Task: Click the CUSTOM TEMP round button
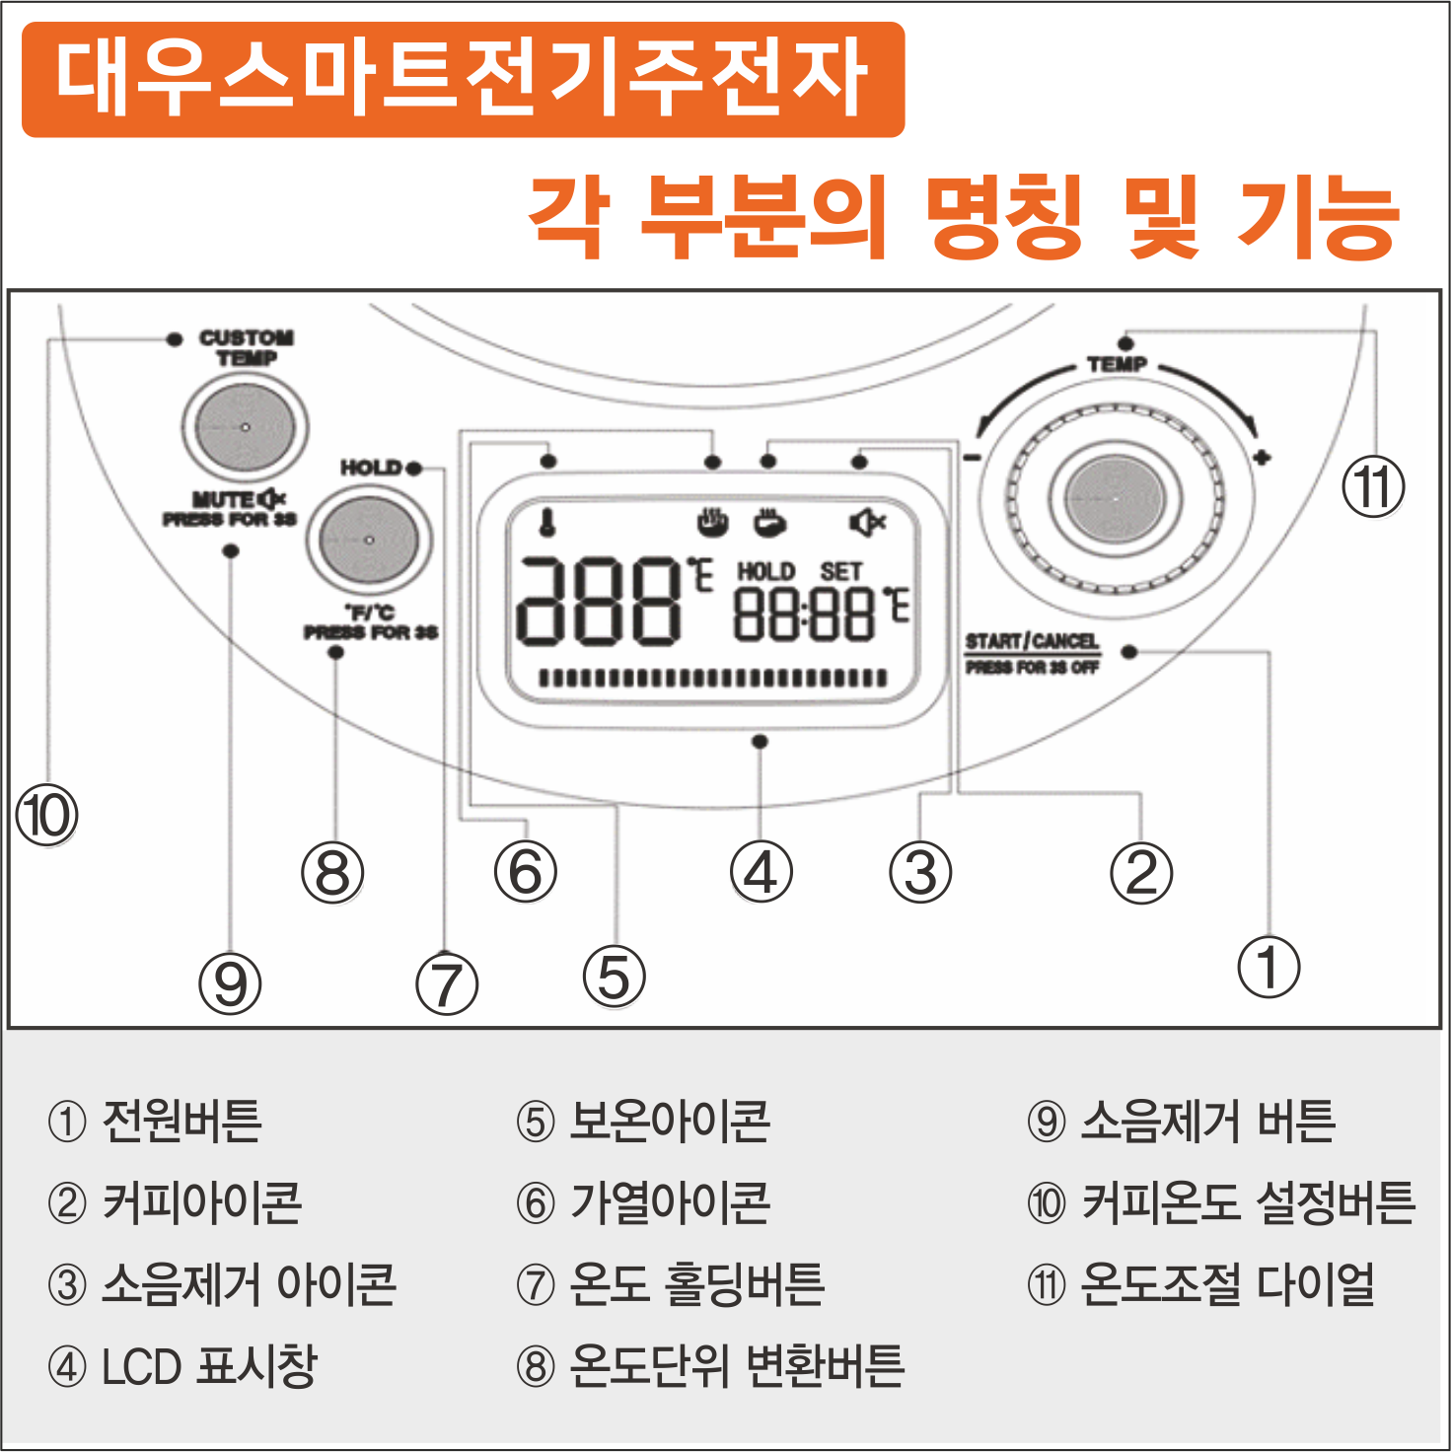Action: pos(245,428)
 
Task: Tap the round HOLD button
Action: pos(369,541)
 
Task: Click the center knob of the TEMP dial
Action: pos(1116,499)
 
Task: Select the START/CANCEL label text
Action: pos(1031,642)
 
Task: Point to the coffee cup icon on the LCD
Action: pos(770,521)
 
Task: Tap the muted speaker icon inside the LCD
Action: pos(867,522)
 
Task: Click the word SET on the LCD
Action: pos(840,572)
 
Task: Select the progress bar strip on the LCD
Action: pos(712,678)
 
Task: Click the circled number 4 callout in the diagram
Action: pos(761,872)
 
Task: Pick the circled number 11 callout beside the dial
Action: pos(1373,487)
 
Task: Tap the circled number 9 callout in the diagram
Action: pos(230,983)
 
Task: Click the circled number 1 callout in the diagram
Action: pos(1270,967)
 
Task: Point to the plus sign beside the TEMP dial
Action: pos(1262,457)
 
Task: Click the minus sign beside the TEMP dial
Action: pos(972,457)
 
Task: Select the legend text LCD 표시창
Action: pos(208,1367)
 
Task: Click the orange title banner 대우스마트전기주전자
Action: pos(463,79)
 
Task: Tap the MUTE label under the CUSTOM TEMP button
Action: pos(223,499)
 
